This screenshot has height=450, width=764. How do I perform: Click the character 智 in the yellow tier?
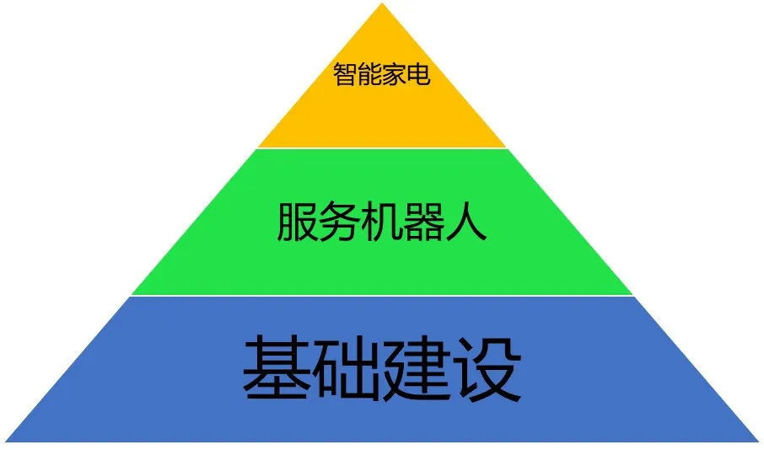pyautogui.click(x=345, y=74)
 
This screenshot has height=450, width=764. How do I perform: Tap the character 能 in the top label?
pyautogui.click(x=369, y=74)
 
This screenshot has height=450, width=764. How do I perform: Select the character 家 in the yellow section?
pyautogui.click(x=394, y=74)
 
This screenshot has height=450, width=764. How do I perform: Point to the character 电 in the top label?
pyautogui.click(x=418, y=74)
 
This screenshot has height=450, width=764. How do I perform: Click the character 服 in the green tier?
pyautogui.click(x=298, y=222)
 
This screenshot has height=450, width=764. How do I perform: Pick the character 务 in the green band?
pyautogui.click(x=340, y=222)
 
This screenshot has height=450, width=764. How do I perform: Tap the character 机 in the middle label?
pyautogui.click(x=381, y=222)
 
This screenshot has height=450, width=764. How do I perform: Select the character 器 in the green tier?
pyautogui.click(x=423, y=222)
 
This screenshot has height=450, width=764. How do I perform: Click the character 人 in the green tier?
pyautogui.click(x=465, y=222)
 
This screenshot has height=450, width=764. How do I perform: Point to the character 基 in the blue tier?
pyautogui.click(x=277, y=368)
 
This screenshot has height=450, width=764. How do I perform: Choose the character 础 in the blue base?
pyautogui.click(x=347, y=368)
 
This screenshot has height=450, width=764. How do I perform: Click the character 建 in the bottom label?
pyautogui.click(x=417, y=368)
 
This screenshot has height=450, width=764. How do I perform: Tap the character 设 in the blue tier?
pyautogui.click(x=487, y=368)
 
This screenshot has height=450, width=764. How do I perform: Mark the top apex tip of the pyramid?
pyautogui.click(x=382, y=3)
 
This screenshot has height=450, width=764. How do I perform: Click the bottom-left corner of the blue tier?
pyautogui.click(x=5, y=442)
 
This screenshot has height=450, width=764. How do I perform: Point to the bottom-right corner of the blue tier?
pyautogui.click(x=759, y=442)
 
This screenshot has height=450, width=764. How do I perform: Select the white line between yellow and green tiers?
pyautogui.click(x=382, y=148)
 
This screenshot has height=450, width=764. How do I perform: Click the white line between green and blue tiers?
pyautogui.click(x=382, y=296)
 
